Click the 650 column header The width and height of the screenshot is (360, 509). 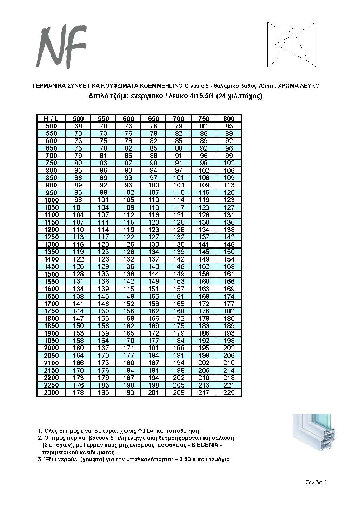153,119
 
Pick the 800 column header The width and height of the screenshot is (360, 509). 229,119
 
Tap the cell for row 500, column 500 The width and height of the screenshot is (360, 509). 78,126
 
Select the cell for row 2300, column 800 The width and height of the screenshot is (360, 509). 229,392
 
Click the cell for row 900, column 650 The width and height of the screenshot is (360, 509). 153,185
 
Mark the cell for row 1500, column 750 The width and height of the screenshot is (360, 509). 204,274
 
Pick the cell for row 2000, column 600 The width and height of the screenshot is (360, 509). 128,348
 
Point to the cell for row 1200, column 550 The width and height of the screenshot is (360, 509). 103,230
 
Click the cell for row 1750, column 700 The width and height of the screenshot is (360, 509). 179,311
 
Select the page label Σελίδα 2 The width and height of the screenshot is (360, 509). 316,482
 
